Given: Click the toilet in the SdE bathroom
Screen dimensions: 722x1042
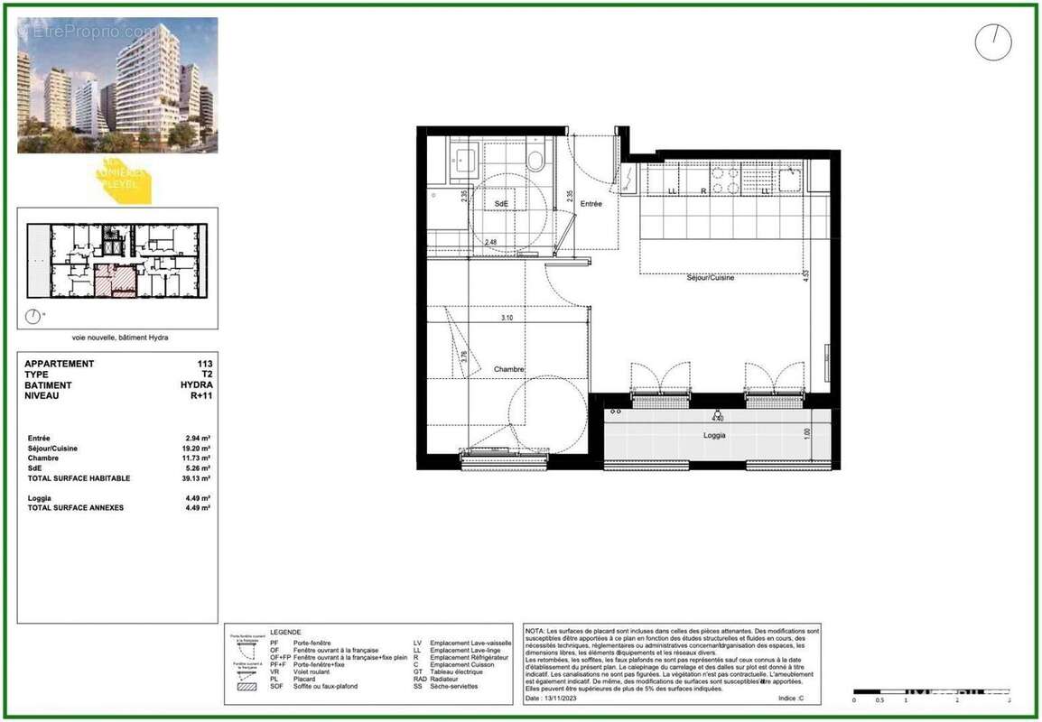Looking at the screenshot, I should [x=535, y=162].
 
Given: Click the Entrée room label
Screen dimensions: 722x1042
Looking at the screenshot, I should [x=591, y=204].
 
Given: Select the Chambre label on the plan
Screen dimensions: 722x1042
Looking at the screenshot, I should [x=509, y=369].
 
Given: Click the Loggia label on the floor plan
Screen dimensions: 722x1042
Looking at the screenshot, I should [x=715, y=435].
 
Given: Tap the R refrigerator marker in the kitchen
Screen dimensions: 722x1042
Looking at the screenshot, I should [x=703, y=191].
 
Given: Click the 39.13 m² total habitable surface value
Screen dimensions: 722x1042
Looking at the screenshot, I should [x=198, y=478].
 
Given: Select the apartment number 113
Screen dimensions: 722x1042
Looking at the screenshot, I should [x=205, y=364].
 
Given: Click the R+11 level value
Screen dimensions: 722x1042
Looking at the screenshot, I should [x=200, y=395].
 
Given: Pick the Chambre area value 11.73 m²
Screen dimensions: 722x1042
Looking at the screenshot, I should [x=198, y=458].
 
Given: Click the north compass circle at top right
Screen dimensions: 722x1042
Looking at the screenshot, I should [x=993, y=42].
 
